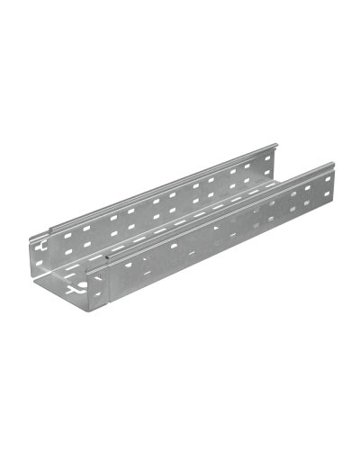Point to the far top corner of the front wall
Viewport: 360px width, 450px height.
pyautogui.click(x=334, y=162)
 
